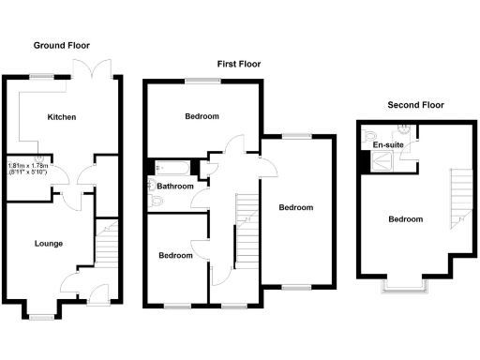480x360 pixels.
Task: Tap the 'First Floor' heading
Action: click(x=238, y=64)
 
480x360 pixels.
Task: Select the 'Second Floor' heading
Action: click(x=415, y=105)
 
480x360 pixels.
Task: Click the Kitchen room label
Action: click(x=62, y=117)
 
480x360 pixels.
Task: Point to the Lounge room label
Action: click(x=48, y=244)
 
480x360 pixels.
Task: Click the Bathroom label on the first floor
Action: click(x=174, y=187)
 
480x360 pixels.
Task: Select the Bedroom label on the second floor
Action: click(x=405, y=219)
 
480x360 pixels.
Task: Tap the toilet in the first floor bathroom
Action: click(x=155, y=200)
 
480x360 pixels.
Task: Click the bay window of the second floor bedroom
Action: click(x=404, y=284)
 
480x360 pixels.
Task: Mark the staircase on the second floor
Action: click(x=457, y=197)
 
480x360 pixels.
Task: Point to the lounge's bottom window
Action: click(x=40, y=317)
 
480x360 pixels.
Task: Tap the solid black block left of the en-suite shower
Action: click(x=364, y=161)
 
